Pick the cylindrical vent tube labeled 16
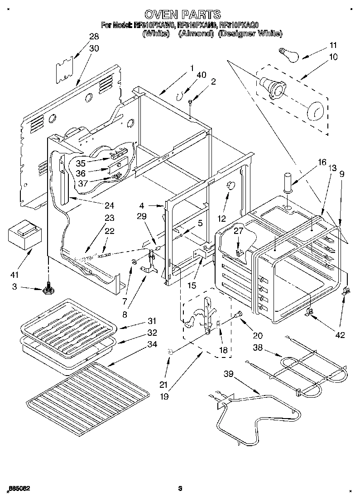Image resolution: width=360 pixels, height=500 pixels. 288,181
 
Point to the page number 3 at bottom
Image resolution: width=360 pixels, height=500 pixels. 180,488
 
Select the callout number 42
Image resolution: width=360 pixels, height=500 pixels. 340,335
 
